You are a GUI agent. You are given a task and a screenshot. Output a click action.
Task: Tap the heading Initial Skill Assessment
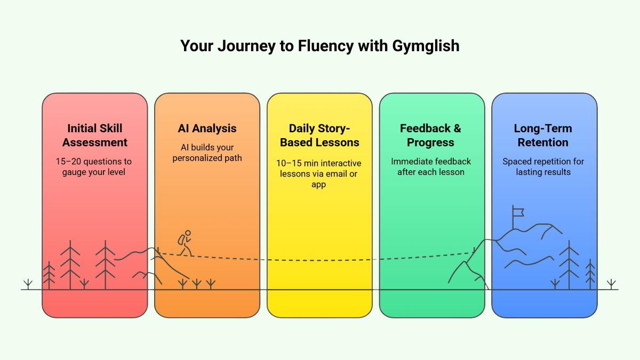point(95,135)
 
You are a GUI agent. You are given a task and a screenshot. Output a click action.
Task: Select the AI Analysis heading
point(207,129)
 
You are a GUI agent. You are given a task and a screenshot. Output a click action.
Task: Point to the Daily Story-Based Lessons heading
point(319,135)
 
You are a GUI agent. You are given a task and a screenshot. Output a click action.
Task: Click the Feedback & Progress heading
point(431,135)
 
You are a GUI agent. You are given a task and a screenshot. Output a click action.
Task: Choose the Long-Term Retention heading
point(543,135)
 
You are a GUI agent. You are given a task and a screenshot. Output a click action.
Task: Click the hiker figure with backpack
point(185,243)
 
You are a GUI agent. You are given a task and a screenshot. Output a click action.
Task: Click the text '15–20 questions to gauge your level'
point(94,166)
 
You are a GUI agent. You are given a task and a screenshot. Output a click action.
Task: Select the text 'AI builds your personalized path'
point(207,153)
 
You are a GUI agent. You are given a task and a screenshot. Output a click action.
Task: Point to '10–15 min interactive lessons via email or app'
point(319,173)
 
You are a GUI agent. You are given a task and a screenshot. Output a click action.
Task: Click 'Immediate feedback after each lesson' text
point(431,166)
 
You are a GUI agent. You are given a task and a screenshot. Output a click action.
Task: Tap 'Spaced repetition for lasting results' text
point(543,166)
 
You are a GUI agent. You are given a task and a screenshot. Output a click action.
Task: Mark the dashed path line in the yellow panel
point(319,260)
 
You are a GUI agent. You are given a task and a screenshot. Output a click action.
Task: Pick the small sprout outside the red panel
point(28,284)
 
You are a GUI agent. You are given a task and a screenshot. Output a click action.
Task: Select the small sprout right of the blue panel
point(611,284)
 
